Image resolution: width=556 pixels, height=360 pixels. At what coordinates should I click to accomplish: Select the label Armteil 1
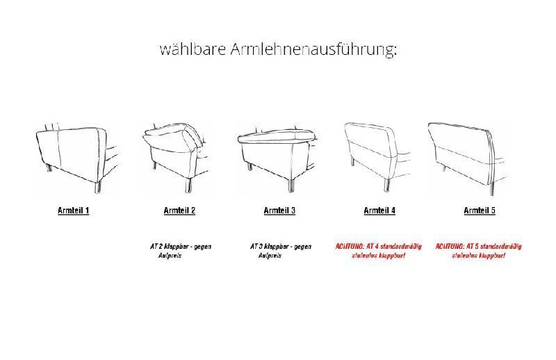(73, 210)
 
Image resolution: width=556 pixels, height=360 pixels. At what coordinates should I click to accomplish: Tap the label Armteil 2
(179, 210)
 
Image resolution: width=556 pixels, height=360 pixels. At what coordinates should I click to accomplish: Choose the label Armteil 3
(279, 210)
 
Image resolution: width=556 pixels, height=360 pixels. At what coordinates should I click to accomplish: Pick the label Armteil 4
(379, 210)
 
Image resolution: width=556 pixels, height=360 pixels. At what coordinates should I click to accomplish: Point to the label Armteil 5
(480, 210)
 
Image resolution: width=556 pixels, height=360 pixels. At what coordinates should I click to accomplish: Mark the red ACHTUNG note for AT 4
(378, 251)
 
